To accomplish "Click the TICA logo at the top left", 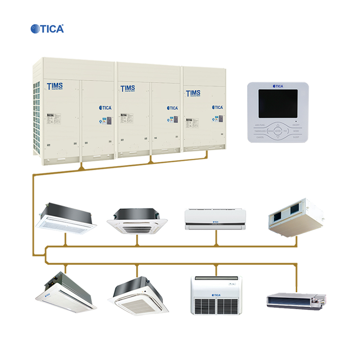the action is tap(47, 29).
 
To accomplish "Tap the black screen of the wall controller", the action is tap(278, 103).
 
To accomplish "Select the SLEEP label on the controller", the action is tap(296, 137).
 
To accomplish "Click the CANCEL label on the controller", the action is tap(260, 137).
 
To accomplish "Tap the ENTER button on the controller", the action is tap(278, 131).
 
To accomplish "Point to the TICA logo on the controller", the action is tap(278, 86).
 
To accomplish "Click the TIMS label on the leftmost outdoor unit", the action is tap(55, 86).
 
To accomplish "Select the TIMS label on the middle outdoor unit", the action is tap(127, 88).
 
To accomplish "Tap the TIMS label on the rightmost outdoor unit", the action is tap(193, 93).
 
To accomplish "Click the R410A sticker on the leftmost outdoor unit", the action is tap(50, 115).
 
